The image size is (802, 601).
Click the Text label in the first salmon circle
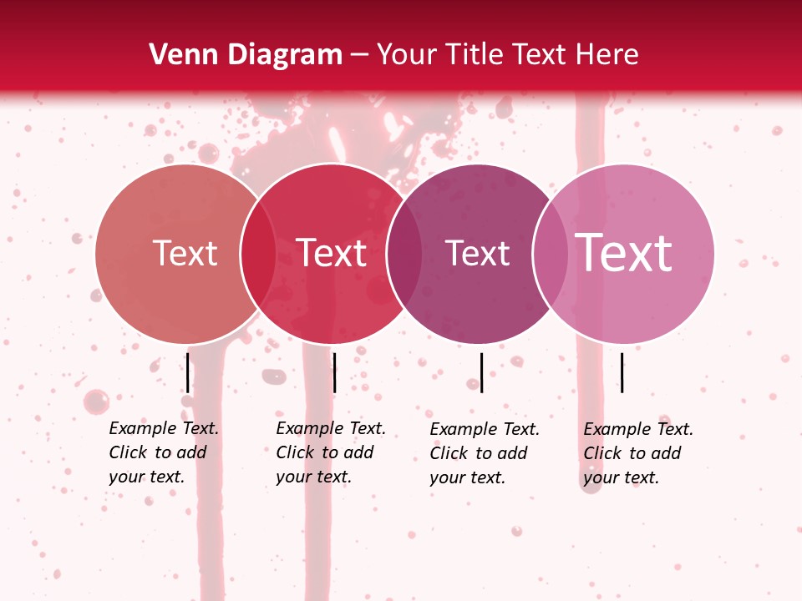[185, 254]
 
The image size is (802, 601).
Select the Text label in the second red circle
[331, 254]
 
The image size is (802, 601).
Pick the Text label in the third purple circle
[477, 254]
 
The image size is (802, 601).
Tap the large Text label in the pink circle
[623, 253]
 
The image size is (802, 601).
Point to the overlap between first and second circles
[258, 254]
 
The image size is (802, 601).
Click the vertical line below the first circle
[188, 372]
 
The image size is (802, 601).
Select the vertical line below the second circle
[334, 372]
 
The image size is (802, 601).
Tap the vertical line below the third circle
[481, 372]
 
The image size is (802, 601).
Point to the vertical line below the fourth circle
[622, 372]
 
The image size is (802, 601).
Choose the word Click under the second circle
[295, 452]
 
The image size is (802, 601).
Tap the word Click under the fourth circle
[602, 453]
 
